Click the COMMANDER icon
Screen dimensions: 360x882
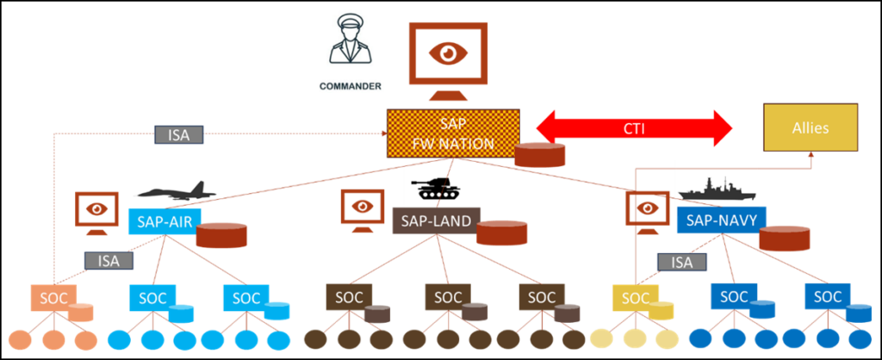(x=351, y=51)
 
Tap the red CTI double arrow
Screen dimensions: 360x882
(x=633, y=129)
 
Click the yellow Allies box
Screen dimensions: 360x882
(x=811, y=128)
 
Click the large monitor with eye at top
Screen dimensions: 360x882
(x=447, y=60)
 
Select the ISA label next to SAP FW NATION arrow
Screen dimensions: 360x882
(x=178, y=134)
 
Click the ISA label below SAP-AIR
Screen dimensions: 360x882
(x=109, y=259)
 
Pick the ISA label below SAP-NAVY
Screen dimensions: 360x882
(x=681, y=262)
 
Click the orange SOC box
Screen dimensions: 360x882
(x=53, y=298)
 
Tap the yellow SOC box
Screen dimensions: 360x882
(x=635, y=299)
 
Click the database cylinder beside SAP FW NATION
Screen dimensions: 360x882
(x=540, y=154)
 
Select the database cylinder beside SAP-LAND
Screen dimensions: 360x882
(x=502, y=233)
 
